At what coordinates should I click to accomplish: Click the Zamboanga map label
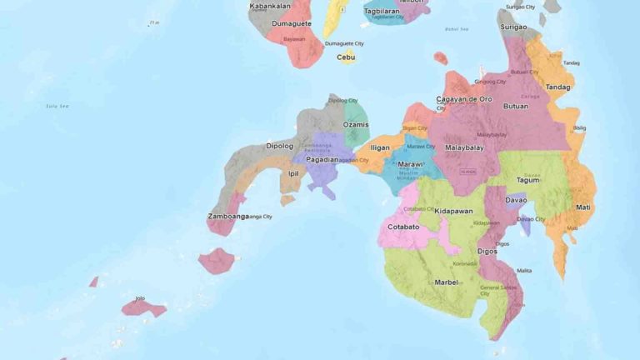[x=227, y=217]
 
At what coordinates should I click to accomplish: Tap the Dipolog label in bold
[x=279, y=146]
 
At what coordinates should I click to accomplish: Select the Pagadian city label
[x=322, y=159]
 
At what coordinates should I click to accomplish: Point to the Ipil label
[x=293, y=173]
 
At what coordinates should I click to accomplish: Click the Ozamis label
[x=356, y=124]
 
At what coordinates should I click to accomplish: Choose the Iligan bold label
[x=379, y=147]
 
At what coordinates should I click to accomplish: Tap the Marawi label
[x=410, y=164]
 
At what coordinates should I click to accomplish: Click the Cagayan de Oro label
[x=464, y=99]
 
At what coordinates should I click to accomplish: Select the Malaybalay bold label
[x=464, y=147]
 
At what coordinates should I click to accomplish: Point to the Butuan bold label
[x=516, y=106]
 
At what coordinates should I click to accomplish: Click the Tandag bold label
[x=558, y=87]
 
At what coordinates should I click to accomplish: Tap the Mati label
[x=583, y=207]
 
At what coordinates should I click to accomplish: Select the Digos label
[x=487, y=251]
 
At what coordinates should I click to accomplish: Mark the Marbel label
[x=446, y=282]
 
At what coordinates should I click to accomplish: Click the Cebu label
[x=346, y=57]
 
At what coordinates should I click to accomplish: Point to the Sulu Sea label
[x=57, y=106]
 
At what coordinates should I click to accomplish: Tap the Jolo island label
[x=140, y=297]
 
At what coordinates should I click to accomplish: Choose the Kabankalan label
[x=270, y=6]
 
